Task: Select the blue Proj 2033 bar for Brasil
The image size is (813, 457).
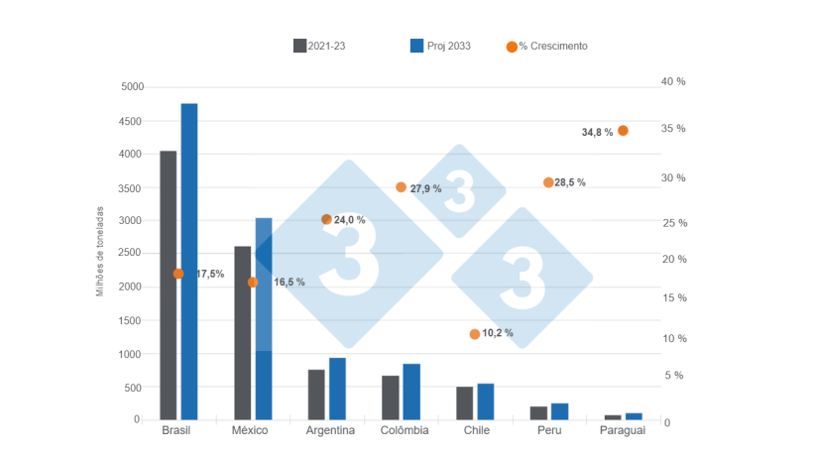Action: tap(189, 262)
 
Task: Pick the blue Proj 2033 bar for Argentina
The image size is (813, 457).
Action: tap(337, 389)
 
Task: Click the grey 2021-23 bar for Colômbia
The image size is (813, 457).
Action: tap(390, 398)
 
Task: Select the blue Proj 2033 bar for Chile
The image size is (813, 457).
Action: tap(485, 401)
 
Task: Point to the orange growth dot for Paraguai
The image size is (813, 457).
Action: tap(623, 130)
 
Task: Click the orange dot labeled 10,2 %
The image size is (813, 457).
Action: tap(475, 334)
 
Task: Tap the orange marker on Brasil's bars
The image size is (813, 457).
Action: tap(178, 274)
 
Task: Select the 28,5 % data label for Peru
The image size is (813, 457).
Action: tap(570, 182)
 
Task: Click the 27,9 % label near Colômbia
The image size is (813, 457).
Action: tap(425, 188)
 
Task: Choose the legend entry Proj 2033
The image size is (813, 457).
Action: tap(440, 46)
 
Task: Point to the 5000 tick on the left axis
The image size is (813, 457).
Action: tap(131, 87)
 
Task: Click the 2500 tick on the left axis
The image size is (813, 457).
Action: tap(131, 254)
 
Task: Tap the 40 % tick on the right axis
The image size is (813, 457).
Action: tap(673, 81)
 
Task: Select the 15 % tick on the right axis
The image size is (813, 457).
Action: tap(673, 297)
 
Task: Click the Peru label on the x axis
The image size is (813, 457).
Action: tap(549, 430)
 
